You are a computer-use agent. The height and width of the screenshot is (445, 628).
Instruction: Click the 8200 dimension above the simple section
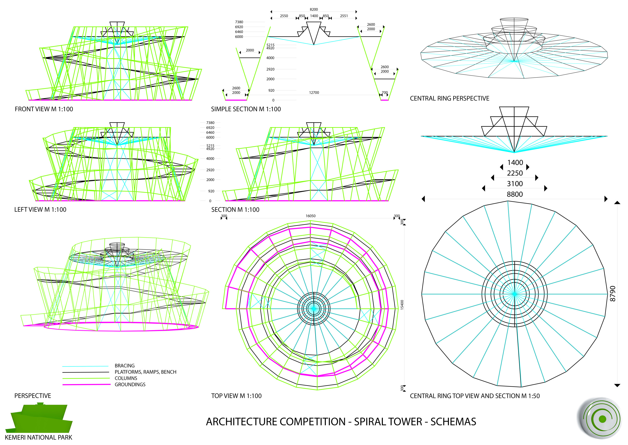point(314,9)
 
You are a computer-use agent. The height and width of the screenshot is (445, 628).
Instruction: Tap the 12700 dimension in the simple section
point(314,93)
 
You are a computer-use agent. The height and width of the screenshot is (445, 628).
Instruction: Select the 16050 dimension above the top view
point(310,216)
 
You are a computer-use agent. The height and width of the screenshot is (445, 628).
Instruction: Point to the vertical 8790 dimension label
point(613,294)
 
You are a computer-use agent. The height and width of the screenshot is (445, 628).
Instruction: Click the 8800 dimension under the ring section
point(514,194)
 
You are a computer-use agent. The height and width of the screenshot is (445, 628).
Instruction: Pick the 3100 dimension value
point(515,184)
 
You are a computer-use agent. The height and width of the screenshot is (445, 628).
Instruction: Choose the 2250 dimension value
point(515,173)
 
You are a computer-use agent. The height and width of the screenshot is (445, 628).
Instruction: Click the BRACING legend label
point(125,365)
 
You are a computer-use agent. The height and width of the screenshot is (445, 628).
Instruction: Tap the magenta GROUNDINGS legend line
point(86,385)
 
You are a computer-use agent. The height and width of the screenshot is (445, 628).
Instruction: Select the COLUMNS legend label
point(126,378)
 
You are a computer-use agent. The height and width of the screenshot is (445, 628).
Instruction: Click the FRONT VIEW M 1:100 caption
point(44,109)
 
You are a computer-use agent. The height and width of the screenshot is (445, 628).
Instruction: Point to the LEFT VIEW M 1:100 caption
point(40,210)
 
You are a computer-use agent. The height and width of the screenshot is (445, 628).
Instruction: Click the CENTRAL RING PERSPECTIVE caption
point(449,98)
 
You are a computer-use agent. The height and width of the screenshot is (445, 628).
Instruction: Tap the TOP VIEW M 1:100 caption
point(236,396)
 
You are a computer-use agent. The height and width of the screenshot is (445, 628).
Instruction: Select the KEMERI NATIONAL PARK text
point(39,437)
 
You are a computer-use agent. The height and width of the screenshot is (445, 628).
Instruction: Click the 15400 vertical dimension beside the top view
point(402,305)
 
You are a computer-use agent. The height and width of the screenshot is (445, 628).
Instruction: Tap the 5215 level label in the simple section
point(271,45)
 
